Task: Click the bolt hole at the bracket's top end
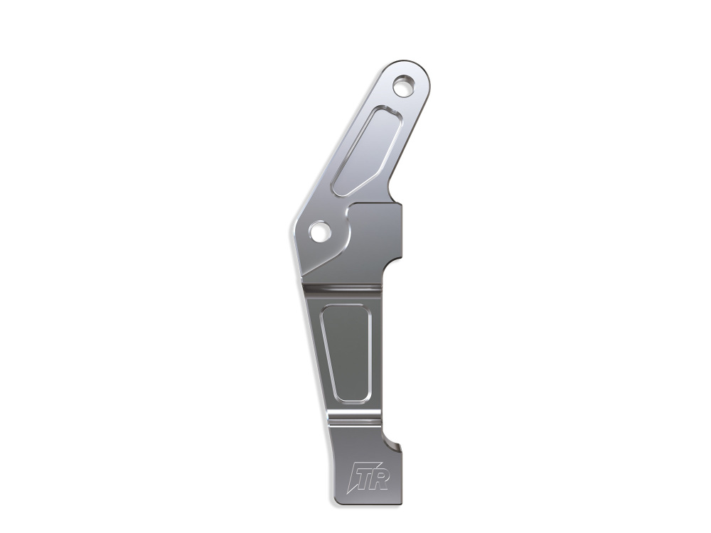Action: [404, 86]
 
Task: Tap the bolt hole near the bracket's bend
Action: [319, 232]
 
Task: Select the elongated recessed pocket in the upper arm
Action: [367, 151]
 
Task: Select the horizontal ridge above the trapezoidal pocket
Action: [343, 289]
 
